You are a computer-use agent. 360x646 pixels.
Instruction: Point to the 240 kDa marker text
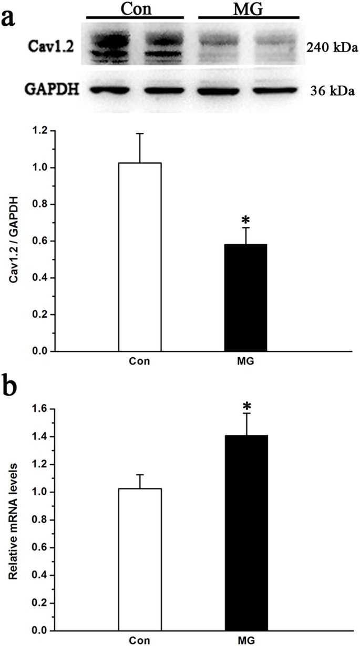[332, 48]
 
